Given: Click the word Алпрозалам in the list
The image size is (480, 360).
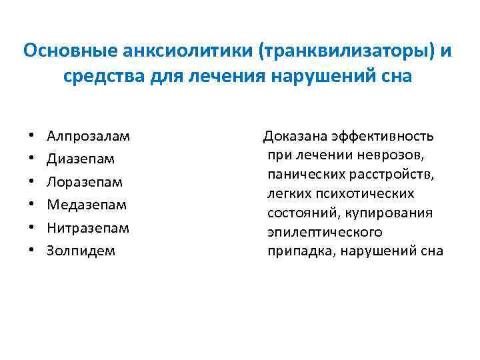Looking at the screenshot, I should click(x=89, y=137).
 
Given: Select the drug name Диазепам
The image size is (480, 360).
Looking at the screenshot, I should click(x=81, y=159).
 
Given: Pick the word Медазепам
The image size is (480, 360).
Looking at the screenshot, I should click(x=87, y=205).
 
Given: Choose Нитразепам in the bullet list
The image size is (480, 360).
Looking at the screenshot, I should click(x=88, y=228).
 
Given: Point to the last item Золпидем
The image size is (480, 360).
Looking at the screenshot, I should click(x=81, y=251).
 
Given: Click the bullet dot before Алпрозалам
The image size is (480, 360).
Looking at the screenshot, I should click(x=32, y=137).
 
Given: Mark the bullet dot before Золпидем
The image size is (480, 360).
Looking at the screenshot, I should click(x=32, y=251).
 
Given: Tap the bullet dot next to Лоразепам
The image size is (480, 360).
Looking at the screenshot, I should click(x=32, y=182).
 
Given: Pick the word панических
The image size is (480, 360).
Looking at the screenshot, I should click(x=305, y=175).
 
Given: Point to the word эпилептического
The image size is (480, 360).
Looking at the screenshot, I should click(x=325, y=232).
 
